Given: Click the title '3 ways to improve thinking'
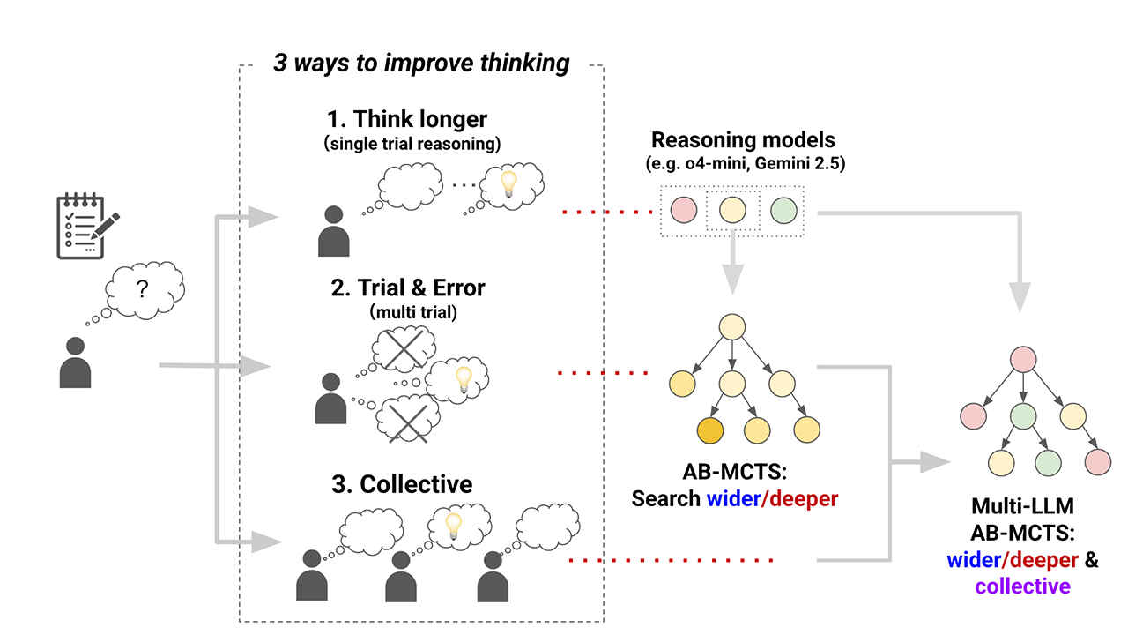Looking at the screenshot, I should click(421, 63).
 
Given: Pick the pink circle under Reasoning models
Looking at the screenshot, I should click(683, 210).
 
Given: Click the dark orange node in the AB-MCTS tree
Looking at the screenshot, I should click(709, 430).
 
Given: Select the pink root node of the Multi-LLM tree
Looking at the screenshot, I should click(1021, 359).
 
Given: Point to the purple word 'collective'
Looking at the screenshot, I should click(1023, 586).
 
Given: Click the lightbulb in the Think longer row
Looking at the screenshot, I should click(508, 183).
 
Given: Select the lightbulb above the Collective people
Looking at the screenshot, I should click(453, 525).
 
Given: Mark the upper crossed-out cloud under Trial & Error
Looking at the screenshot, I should click(402, 347).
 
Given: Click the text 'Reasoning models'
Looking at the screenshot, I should click(743, 139).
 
